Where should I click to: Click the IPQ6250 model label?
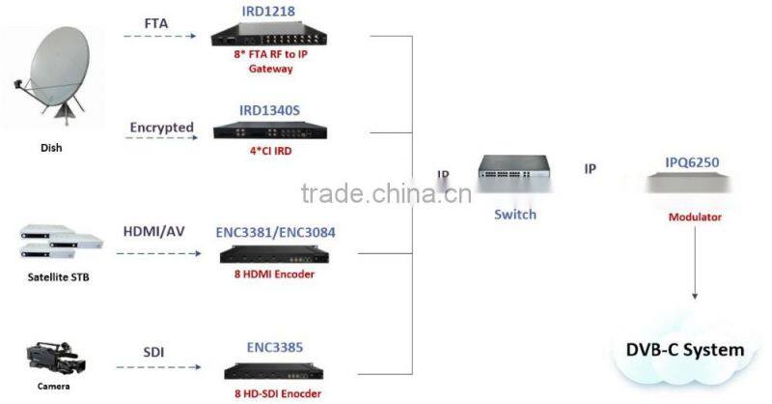tap(694, 162)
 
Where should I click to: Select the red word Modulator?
tap(695, 217)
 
